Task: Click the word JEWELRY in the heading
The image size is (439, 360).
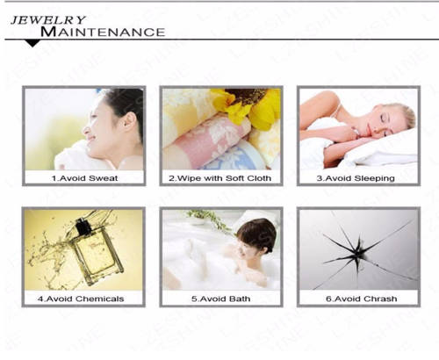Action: point(48,20)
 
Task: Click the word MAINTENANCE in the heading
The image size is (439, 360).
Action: point(103,32)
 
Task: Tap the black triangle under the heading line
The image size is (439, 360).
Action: point(32,43)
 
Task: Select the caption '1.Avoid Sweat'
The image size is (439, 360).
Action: point(84,178)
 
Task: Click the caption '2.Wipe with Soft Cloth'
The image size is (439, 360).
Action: point(220,178)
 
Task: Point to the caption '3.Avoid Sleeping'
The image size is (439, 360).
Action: point(356,178)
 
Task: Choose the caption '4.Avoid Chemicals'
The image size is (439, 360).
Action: point(81,299)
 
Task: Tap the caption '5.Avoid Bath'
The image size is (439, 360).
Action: point(221,299)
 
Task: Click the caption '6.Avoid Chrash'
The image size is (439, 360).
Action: point(362,299)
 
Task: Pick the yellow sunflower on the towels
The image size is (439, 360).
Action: point(248,106)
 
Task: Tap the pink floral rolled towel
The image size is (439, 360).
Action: point(205,139)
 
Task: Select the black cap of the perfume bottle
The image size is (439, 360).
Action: point(82,226)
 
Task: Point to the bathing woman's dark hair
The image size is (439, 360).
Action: point(257,234)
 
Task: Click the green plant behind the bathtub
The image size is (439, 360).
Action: point(210,220)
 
